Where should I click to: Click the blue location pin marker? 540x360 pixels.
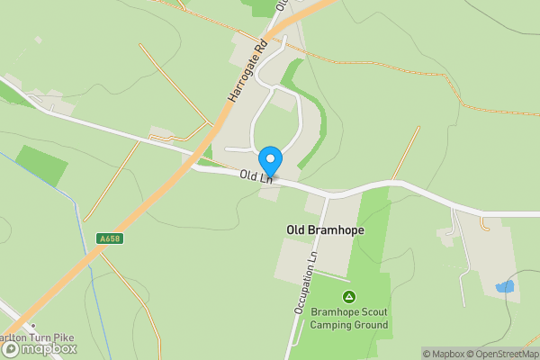(270, 161)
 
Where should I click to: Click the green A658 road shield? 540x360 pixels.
(109, 238)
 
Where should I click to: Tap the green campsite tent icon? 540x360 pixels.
(349, 296)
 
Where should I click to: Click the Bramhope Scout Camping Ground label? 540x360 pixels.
(349, 319)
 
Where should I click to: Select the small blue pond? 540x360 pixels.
(505, 287)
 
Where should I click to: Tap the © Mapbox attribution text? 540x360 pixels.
(444, 354)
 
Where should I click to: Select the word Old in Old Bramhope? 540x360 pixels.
(296, 230)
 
